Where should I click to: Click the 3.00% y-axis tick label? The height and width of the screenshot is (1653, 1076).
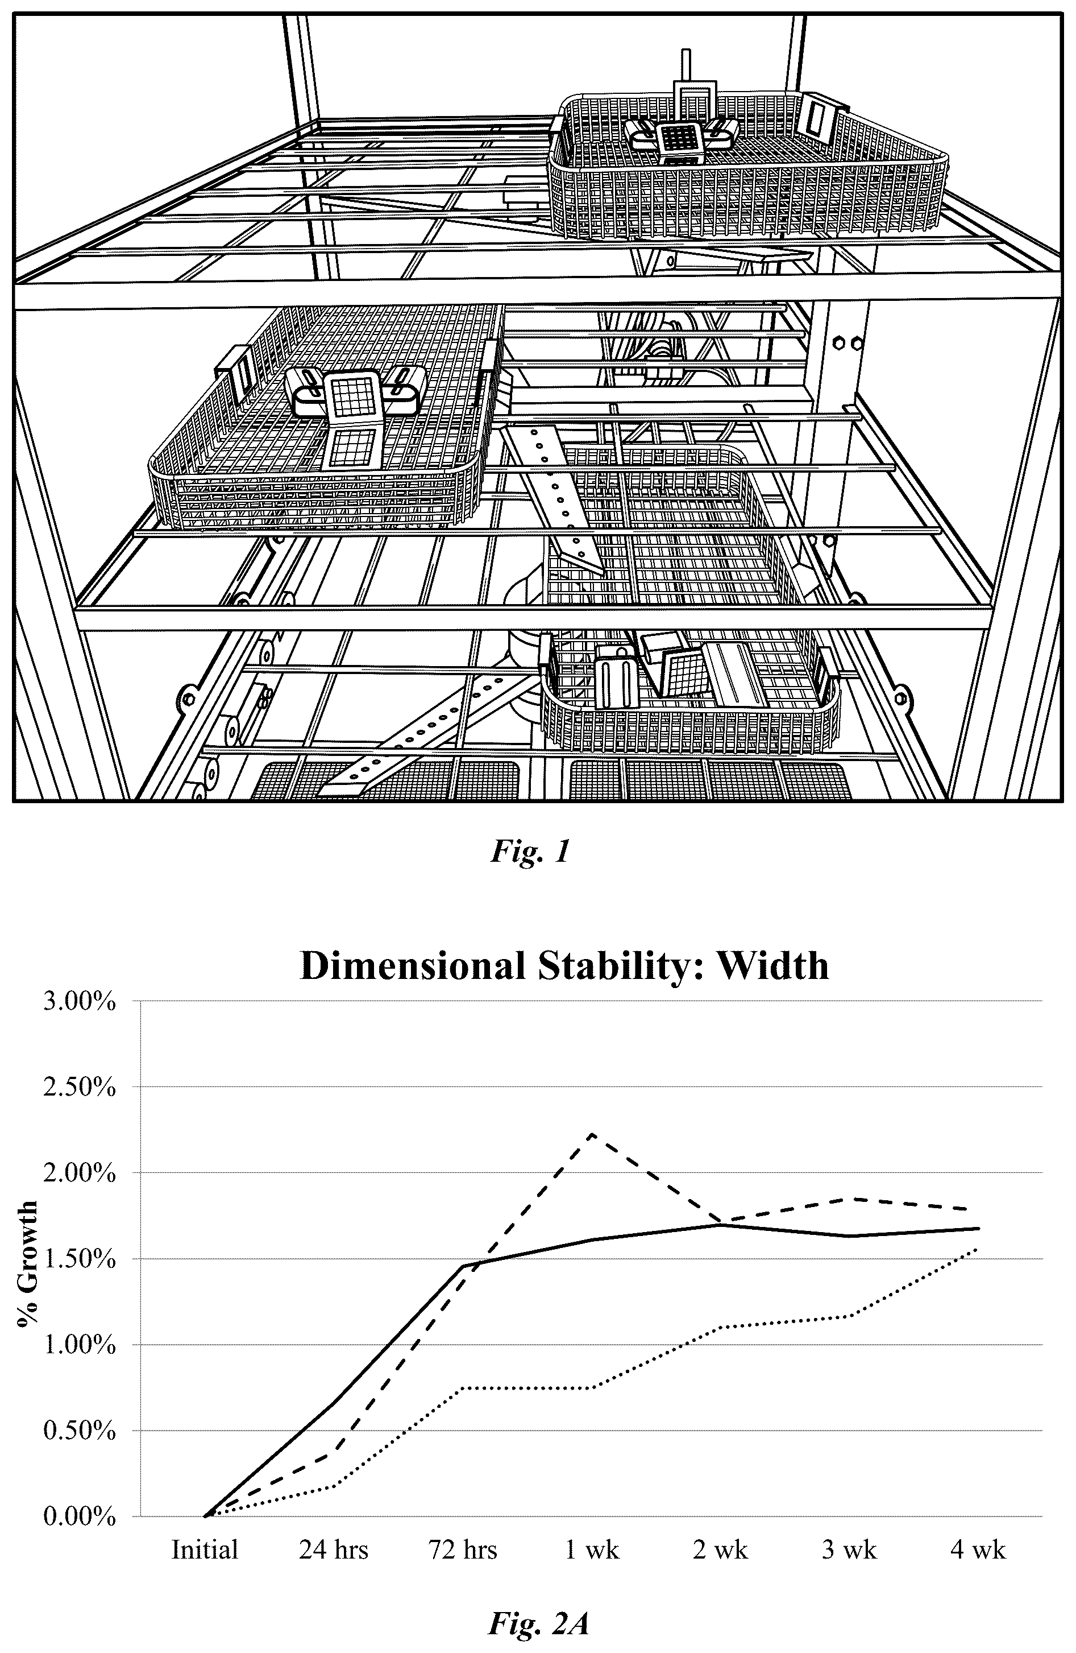pyautogui.click(x=79, y=1003)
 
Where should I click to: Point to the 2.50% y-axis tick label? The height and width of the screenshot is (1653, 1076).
pyautogui.click(x=79, y=1088)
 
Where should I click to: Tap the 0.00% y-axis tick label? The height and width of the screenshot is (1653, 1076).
pyautogui.click(x=79, y=1517)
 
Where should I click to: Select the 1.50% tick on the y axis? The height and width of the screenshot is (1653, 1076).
pyautogui.click(x=79, y=1259)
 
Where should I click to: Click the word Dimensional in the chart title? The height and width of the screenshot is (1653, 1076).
pyautogui.click(x=412, y=966)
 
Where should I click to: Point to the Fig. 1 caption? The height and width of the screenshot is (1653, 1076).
pyautogui.click(x=530, y=852)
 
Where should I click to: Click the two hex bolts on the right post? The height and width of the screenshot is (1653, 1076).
pyautogui.click(x=847, y=343)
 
